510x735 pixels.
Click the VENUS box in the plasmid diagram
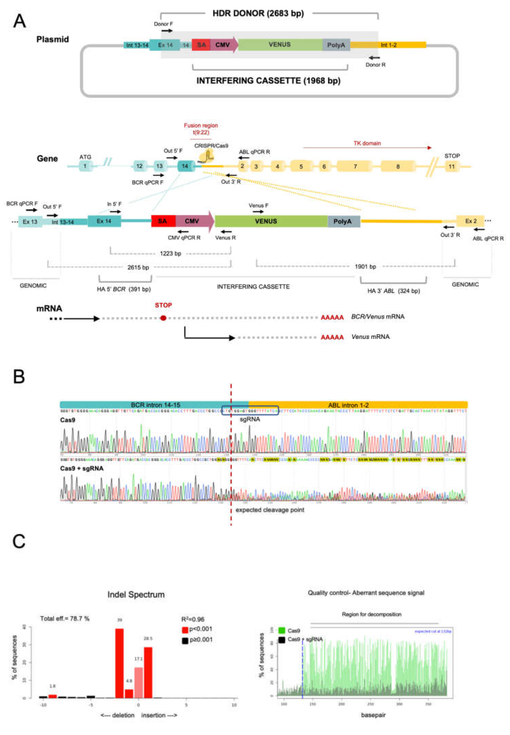pyautogui.click(x=280, y=45)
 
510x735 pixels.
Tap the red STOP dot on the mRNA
pyautogui.click(x=163, y=318)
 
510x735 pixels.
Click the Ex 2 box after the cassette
pyautogui.click(x=470, y=221)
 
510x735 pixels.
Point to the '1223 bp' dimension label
pyautogui.click(x=170, y=254)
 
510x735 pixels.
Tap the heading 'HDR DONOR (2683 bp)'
pyautogui.click(x=258, y=13)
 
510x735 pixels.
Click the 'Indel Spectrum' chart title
pyautogui.click(x=136, y=595)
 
